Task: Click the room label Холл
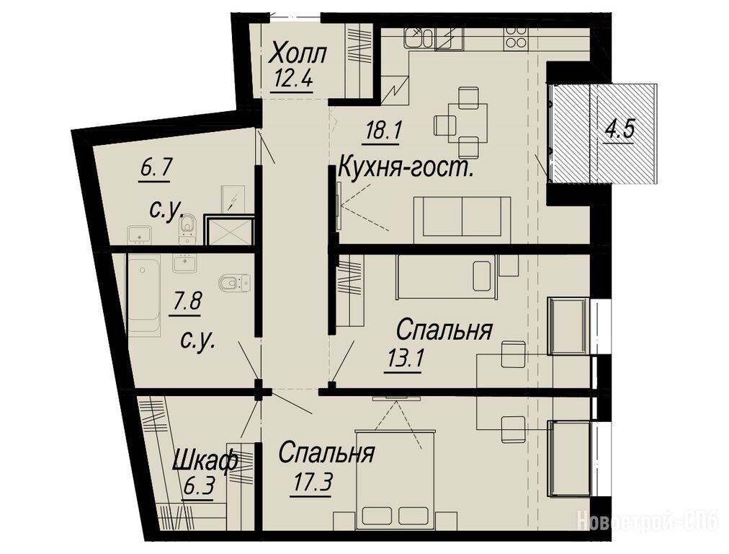click(299, 53)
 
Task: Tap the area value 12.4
click(292, 77)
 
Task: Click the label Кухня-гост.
click(406, 167)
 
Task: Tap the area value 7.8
click(186, 302)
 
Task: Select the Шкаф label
click(205, 462)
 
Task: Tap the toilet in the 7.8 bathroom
click(234, 281)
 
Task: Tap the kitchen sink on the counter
click(418, 38)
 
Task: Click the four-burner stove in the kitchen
click(516, 37)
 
